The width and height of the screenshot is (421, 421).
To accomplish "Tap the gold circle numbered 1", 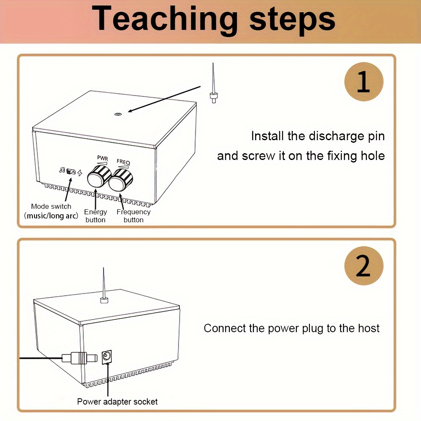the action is pyautogui.click(x=364, y=82).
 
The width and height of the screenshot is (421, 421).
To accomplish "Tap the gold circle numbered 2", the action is pyautogui.click(x=364, y=266).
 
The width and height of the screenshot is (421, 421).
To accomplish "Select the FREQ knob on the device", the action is pyautogui.click(x=121, y=179).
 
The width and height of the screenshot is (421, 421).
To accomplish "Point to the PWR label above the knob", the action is pyautogui.click(x=103, y=158).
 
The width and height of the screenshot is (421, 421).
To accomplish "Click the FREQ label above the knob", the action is pyautogui.click(x=123, y=162).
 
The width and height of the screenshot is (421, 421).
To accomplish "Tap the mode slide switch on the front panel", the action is pyautogui.click(x=71, y=171).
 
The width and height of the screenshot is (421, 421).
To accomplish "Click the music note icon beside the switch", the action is pyautogui.click(x=62, y=170).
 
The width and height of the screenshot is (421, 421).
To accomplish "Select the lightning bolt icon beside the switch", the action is pyautogui.click(x=80, y=173).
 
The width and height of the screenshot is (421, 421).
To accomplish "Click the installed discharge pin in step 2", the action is pyautogui.click(x=104, y=286).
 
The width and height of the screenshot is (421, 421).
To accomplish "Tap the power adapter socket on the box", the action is pyautogui.click(x=107, y=357).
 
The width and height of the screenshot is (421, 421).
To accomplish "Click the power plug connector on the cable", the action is pyautogui.click(x=80, y=358).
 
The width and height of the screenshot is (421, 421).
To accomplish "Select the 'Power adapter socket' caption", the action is pyautogui.click(x=117, y=401).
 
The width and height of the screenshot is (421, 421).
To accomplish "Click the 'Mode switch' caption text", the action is pyautogui.click(x=51, y=206).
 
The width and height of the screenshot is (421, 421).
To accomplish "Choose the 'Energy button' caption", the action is pyautogui.click(x=96, y=216).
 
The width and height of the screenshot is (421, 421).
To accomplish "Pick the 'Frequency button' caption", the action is pyautogui.click(x=133, y=216).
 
